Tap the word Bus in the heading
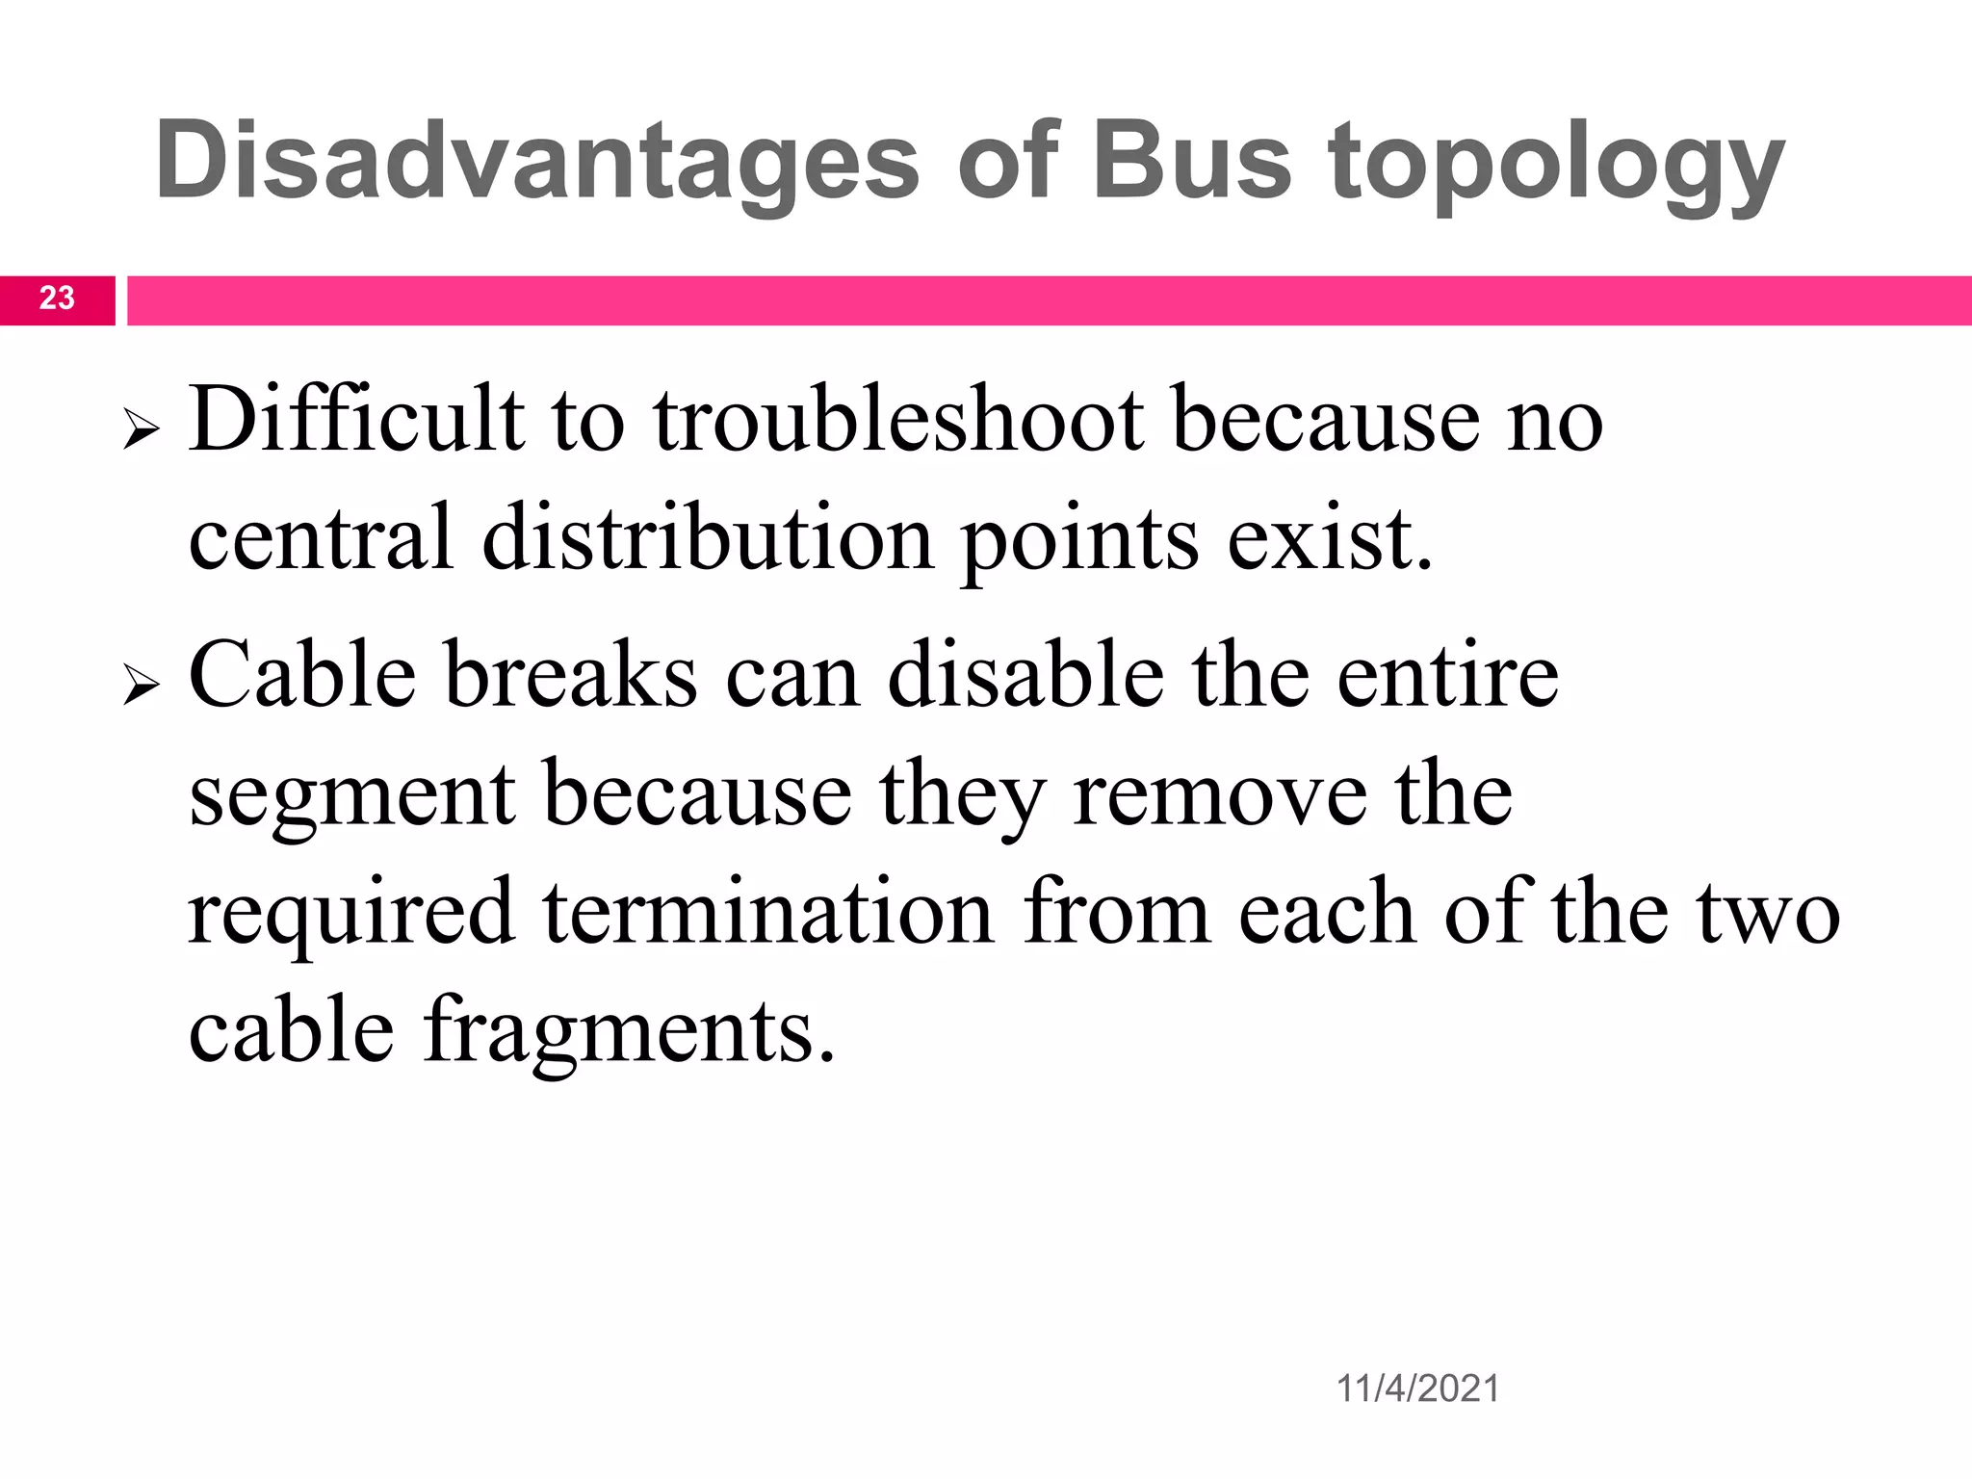pos(1190,162)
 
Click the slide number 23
pos(57,298)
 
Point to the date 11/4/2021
pos(1417,1388)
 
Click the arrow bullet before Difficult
pos(141,431)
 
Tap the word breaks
pos(571,676)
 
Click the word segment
pos(352,795)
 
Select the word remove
pos(1220,795)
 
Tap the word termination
pos(767,913)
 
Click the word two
pos(1768,913)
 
